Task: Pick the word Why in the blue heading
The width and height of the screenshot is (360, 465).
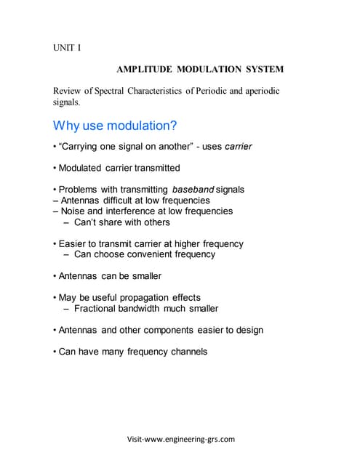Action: point(66,125)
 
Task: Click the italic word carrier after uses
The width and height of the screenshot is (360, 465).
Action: point(239,147)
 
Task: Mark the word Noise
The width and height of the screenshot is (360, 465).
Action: point(74,211)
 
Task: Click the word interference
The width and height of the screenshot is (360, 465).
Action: point(135,211)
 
